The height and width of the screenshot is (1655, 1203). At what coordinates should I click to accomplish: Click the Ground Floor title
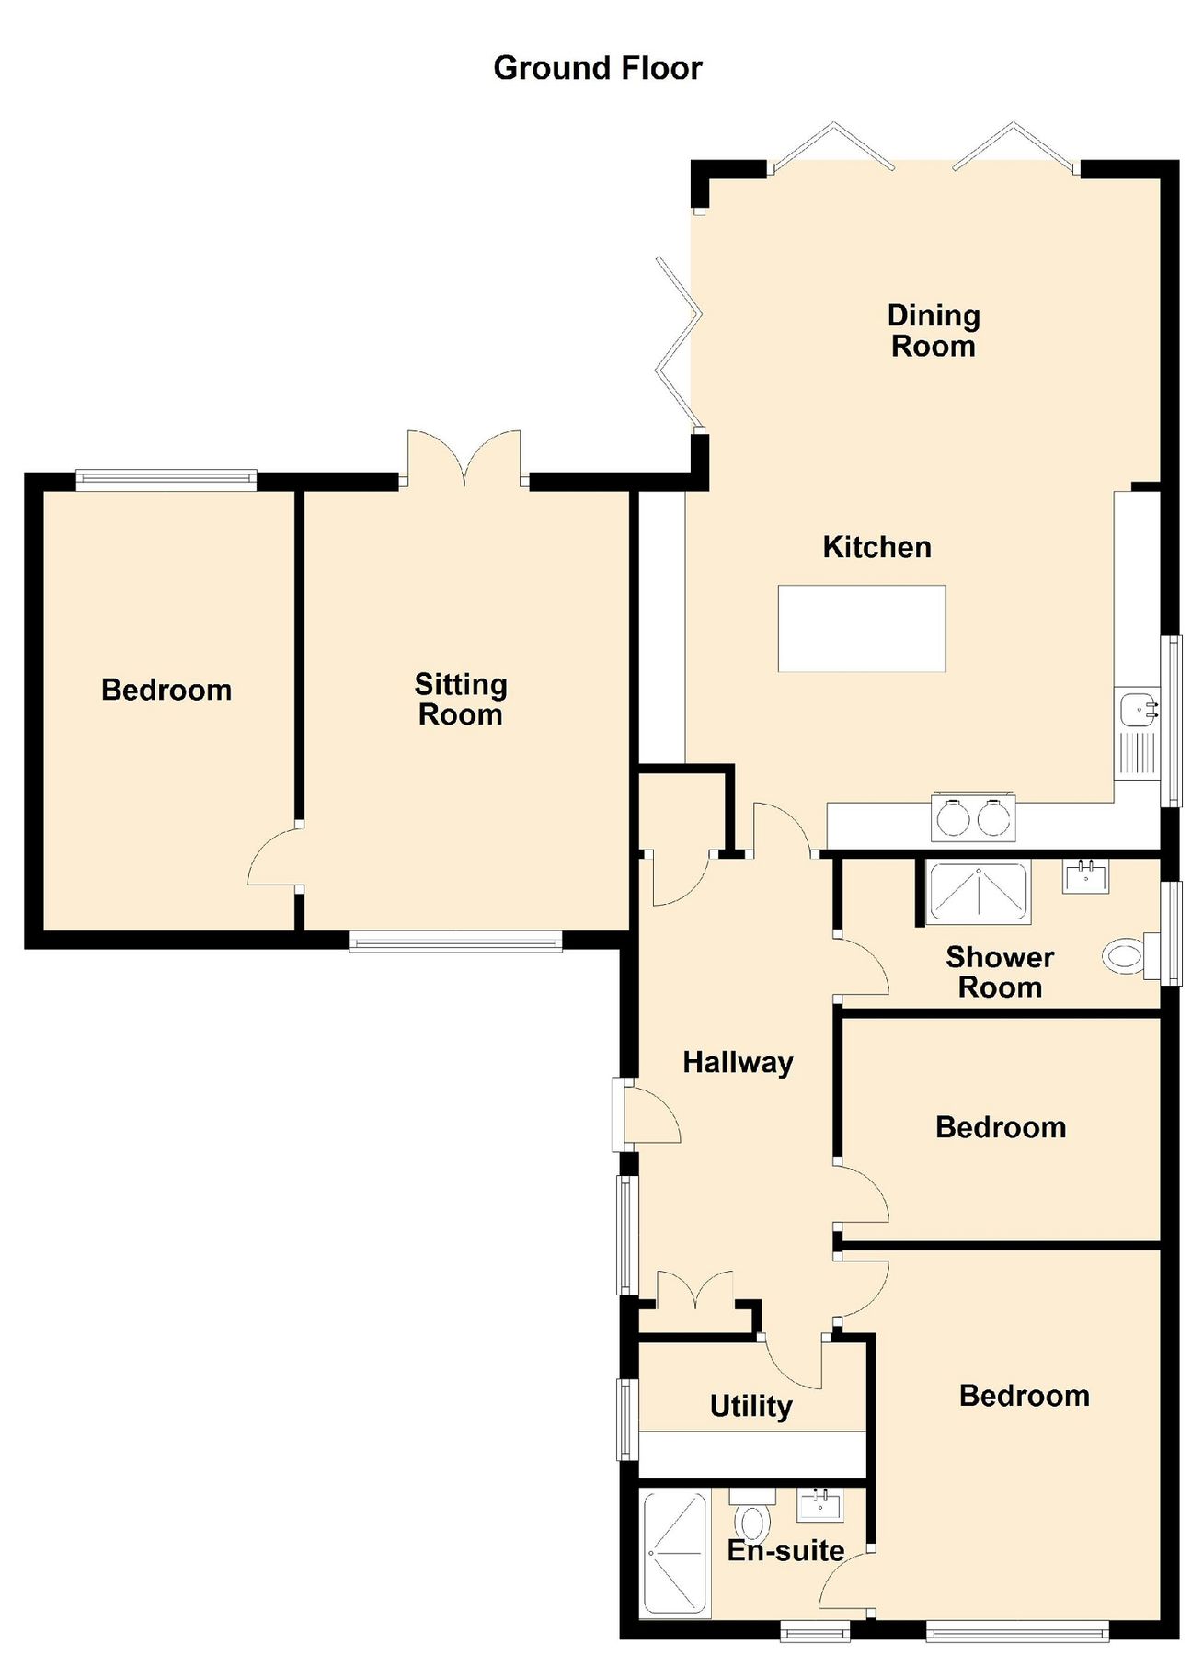(x=598, y=68)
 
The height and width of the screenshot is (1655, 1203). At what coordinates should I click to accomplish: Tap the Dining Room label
(x=933, y=331)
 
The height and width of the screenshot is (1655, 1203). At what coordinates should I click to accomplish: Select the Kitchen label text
(x=876, y=547)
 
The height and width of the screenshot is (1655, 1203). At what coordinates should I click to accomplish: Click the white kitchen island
(x=862, y=629)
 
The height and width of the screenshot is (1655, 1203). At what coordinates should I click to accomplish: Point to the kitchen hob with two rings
(x=973, y=817)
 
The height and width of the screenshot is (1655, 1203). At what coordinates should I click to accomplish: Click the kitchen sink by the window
(x=1139, y=710)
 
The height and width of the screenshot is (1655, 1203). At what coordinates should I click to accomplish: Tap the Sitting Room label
(x=460, y=700)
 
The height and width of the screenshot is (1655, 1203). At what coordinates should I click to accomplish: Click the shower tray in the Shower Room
(x=979, y=892)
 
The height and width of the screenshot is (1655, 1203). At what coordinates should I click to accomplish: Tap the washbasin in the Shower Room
(x=1086, y=877)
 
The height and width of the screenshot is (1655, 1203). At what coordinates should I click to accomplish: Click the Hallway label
(x=738, y=1063)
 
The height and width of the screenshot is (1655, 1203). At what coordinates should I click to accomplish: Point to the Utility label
(x=750, y=1406)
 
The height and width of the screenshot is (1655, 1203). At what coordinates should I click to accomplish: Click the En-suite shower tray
(x=675, y=1554)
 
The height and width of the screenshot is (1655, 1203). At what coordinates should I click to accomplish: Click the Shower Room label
(x=1000, y=972)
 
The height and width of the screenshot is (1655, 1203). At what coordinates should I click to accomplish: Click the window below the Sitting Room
(x=456, y=941)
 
